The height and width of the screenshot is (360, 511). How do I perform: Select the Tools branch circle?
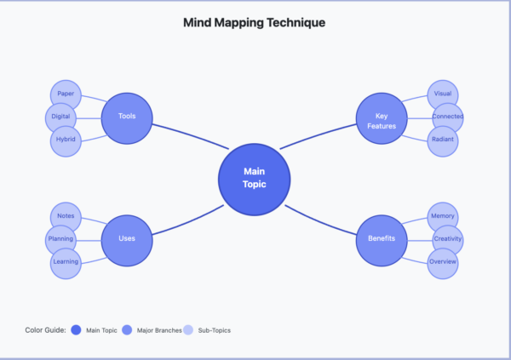click(x=127, y=117)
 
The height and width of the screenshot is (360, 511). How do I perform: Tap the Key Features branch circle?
click(x=382, y=120)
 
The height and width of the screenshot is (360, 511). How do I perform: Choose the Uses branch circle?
click(x=127, y=238)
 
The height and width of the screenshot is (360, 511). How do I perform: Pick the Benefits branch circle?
click(x=382, y=238)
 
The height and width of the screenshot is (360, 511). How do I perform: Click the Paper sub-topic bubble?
click(x=66, y=94)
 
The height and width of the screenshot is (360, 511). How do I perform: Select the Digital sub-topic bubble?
click(x=60, y=117)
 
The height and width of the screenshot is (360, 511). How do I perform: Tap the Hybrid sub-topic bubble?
click(x=66, y=140)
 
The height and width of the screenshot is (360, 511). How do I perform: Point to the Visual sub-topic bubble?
click(x=443, y=94)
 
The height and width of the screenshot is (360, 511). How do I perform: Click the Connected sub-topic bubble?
click(x=448, y=117)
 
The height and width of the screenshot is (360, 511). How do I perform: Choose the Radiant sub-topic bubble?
click(x=443, y=140)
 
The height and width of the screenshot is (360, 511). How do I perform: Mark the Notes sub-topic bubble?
click(x=66, y=216)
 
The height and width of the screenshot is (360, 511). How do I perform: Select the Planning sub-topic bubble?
click(x=60, y=239)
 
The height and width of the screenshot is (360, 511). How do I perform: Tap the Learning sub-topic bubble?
click(x=66, y=262)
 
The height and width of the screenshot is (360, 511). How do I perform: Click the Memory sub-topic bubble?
click(x=443, y=216)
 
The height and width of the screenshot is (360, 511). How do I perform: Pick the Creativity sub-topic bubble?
click(x=448, y=239)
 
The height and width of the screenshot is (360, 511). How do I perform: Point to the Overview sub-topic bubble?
click(x=443, y=262)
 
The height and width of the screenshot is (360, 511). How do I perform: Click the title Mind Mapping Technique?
click(x=255, y=22)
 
